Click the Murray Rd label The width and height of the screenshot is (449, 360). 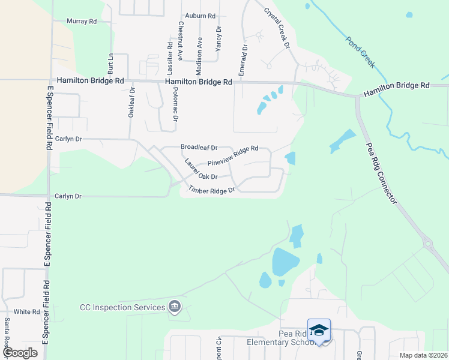(82, 22)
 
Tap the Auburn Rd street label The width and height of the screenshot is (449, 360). (200, 16)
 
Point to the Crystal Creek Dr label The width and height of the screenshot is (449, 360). (277, 28)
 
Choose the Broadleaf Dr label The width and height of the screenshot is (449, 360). (199, 147)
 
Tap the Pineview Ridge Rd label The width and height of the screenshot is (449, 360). (232, 155)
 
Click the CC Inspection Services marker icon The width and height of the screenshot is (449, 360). (175, 307)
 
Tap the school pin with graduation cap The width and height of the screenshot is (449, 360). (319, 331)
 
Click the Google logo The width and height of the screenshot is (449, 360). (19, 353)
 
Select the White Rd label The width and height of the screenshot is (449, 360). (26, 312)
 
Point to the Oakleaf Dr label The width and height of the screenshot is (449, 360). (131, 103)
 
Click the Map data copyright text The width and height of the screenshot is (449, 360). (423, 355)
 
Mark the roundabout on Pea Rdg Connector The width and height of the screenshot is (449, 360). (427, 244)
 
